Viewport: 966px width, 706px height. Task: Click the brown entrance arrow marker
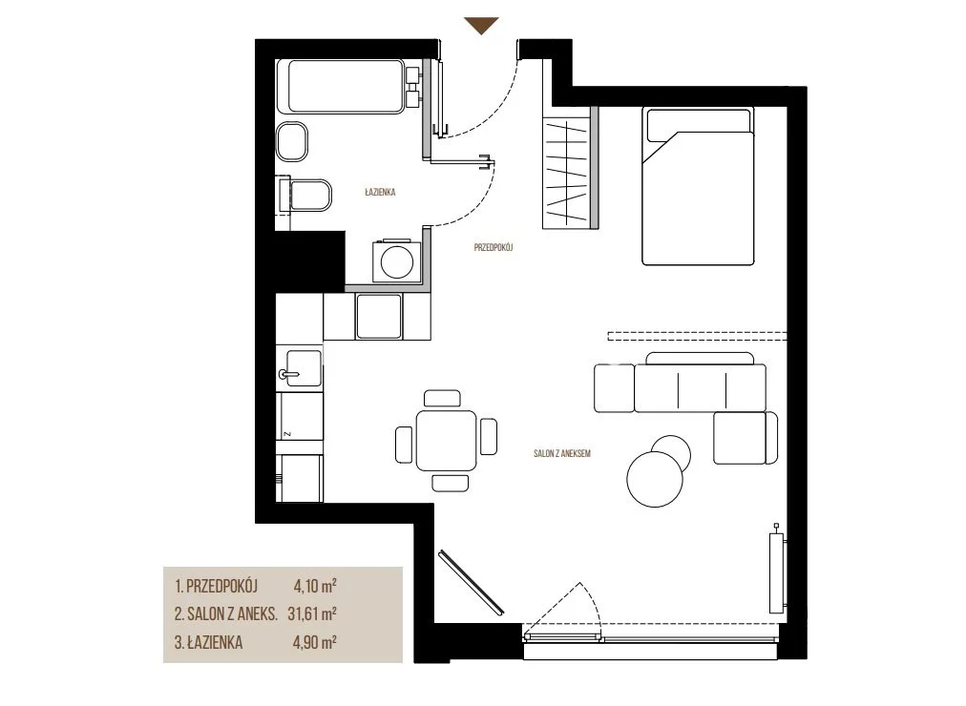(x=481, y=25)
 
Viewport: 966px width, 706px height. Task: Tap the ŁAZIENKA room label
(x=380, y=192)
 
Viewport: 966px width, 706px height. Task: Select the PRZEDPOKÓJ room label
(x=493, y=247)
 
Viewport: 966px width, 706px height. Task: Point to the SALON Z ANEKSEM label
(x=562, y=453)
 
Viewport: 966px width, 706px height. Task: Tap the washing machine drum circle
(x=397, y=262)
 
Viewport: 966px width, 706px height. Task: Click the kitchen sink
(x=300, y=368)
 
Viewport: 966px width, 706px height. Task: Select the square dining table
(x=446, y=441)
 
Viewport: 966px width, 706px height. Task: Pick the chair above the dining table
(x=442, y=398)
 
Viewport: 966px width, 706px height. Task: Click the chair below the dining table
(x=451, y=483)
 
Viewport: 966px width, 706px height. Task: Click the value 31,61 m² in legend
(x=312, y=613)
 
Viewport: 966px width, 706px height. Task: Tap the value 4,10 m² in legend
(x=315, y=586)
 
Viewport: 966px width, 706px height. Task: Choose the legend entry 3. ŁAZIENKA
(x=208, y=643)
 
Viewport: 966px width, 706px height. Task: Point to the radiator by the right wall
(x=777, y=571)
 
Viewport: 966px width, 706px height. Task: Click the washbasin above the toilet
(x=292, y=141)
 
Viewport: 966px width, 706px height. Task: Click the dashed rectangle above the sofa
(x=697, y=336)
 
